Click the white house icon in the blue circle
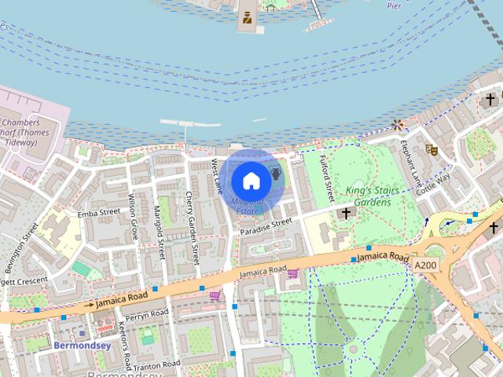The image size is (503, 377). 251,181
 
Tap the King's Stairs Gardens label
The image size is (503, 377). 362,196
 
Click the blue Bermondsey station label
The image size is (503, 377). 81,345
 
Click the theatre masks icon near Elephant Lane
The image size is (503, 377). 431,148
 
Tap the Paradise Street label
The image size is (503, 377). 266,225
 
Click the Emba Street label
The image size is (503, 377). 98,212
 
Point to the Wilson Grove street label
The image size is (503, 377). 134,218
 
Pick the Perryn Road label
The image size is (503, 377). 147,315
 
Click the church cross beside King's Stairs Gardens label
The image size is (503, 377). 345,213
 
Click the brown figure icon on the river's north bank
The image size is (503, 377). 248,17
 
